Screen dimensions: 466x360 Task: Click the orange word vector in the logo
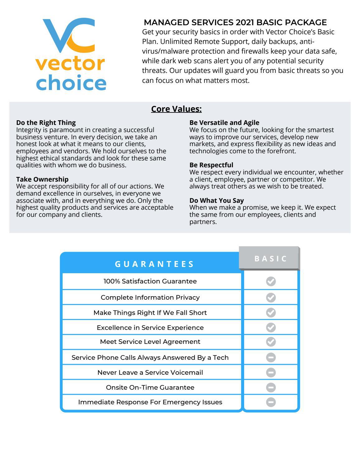pos(70,64)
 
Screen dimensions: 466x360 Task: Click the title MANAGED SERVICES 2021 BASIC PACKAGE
pos(235,22)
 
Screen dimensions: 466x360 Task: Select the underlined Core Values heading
pos(176,109)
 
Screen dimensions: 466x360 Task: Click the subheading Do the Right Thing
pos(46,122)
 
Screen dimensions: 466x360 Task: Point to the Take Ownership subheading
pos(42,179)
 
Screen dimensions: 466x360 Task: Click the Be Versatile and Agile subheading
pos(224,122)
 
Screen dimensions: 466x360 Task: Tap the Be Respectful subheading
pos(211,165)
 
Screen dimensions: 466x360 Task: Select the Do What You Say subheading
pos(216,200)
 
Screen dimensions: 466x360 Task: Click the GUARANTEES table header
pos(154,264)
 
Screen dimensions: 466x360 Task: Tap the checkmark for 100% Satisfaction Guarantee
pos(271,281)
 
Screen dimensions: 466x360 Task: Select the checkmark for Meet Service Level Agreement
pos(271,342)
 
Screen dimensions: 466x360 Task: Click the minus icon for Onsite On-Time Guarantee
pos(271,388)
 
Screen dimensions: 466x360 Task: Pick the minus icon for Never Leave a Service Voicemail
pos(271,372)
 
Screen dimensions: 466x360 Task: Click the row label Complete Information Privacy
pos(150,297)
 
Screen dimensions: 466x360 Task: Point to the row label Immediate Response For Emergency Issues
pos(150,402)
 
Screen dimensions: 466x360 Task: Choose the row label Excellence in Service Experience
pos(150,327)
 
